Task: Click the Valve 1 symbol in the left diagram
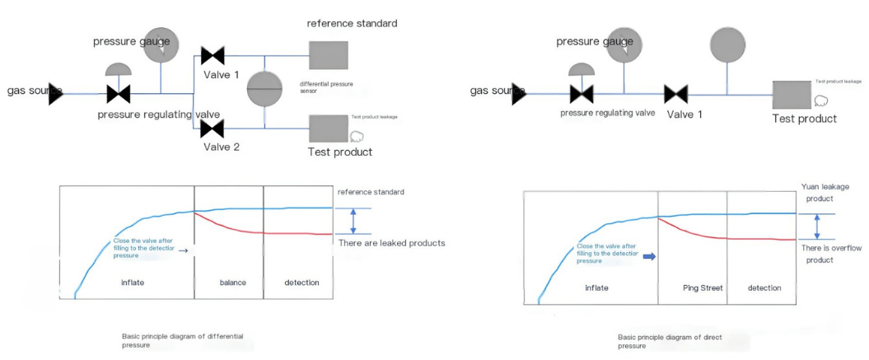pos(213,56)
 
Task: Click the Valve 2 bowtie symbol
pos(213,128)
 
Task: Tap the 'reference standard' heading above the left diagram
pos(352,23)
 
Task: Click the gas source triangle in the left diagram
pos(56,93)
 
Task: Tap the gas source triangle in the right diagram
pos(519,94)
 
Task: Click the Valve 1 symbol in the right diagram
pos(677,94)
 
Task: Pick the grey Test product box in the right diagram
pos(792,94)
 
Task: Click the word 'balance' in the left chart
pos(233,283)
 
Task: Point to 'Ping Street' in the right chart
pos(702,288)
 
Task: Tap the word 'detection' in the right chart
pos(764,288)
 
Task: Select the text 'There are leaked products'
pos(392,243)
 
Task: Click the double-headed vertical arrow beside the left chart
pos(353,221)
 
